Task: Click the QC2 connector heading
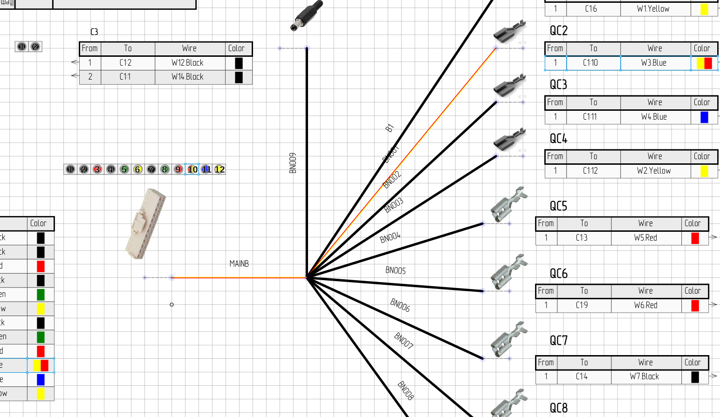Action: pyautogui.click(x=559, y=31)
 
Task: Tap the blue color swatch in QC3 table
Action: pyautogui.click(x=704, y=117)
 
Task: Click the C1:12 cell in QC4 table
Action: pyautogui.click(x=590, y=171)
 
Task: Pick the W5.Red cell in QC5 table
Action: pyautogui.click(x=645, y=238)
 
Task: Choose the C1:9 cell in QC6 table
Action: pyautogui.click(x=582, y=305)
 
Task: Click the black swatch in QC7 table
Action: pyautogui.click(x=695, y=377)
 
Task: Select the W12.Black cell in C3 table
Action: pyautogui.click(x=187, y=63)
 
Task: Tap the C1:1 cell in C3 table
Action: pyautogui.click(x=125, y=77)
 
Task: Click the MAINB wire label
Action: pyautogui.click(x=239, y=264)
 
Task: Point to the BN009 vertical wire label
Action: pyautogui.click(x=293, y=163)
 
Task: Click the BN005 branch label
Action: pyautogui.click(x=395, y=270)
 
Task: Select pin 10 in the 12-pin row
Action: pyautogui.click(x=192, y=169)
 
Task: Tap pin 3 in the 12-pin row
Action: pyautogui.click(x=97, y=169)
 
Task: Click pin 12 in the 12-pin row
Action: pyautogui.click(x=219, y=169)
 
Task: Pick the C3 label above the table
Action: pyautogui.click(x=94, y=32)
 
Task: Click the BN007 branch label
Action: pyautogui.click(x=404, y=341)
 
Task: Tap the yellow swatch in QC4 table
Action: pyautogui.click(x=704, y=171)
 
